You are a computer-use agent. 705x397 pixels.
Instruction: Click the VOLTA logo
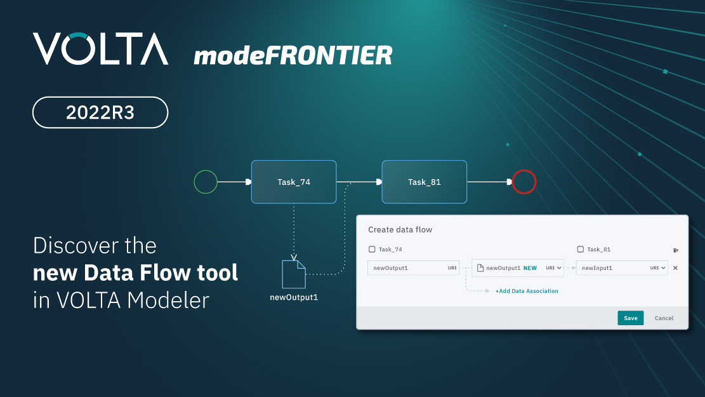[101, 49]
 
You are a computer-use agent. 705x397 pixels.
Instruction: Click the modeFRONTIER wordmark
[293, 55]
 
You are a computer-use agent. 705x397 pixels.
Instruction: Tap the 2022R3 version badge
[100, 112]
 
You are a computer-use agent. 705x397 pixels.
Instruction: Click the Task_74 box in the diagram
[294, 182]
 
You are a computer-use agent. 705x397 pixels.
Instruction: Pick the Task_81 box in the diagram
[424, 182]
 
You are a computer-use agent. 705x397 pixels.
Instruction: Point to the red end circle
[524, 170]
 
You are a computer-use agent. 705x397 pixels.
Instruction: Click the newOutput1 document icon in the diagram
[294, 274]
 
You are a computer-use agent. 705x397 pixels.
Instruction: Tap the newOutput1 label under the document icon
[294, 297]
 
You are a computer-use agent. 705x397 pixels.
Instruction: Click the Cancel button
[664, 318]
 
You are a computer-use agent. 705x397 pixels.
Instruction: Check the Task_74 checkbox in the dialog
[372, 250]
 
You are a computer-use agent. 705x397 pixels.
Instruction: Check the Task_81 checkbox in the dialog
[581, 250]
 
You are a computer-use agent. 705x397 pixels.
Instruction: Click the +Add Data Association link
[527, 291]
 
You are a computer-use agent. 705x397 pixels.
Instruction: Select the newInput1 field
[622, 268]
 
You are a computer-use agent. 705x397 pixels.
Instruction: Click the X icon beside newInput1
[675, 268]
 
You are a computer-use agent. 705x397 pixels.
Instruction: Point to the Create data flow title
[400, 229]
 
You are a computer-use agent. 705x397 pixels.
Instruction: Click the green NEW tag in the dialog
[530, 268]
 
